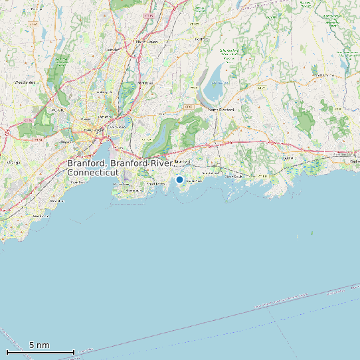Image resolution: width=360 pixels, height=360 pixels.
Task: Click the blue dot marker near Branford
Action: point(179,179)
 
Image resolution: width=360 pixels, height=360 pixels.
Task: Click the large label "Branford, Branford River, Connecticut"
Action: point(120,167)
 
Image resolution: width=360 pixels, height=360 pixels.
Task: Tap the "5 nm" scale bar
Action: point(40,350)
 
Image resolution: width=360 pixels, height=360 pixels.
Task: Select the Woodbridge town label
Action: point(25,82)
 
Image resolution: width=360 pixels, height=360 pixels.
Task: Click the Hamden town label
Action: point(112,50)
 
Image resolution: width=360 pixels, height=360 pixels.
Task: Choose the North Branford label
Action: point(222,109)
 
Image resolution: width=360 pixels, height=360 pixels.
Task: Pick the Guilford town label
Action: point(288,158)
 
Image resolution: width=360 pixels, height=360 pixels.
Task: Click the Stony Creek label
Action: point(235,177)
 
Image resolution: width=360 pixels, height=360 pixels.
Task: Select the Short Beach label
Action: point(155,184)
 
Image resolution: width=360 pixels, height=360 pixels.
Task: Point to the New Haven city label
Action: point(85,130)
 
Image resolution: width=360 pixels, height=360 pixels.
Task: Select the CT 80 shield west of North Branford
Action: point(188,106)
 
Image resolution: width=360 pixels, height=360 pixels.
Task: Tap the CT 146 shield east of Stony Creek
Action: point(261,175)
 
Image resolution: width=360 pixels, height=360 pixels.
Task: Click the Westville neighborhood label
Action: point(58,109)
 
